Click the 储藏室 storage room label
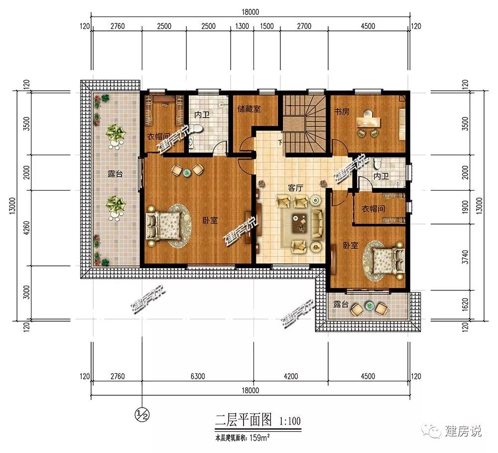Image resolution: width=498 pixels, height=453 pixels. tap(249, 109)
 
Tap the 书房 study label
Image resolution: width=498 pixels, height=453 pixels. tap(342, 112)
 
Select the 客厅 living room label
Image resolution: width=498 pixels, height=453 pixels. tap(295, 188)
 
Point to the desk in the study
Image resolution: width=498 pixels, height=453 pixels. tap(369, 121)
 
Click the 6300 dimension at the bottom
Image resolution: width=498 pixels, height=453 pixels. tap(198, 376)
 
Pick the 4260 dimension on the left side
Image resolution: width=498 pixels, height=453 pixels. tap(27, 227)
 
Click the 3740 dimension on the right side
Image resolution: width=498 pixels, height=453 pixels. tap(465, 257)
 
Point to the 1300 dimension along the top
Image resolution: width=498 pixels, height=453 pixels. tap(242, 26)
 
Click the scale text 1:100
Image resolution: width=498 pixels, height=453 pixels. tap(290, 421)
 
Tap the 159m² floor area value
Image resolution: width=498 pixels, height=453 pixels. tap(260, 438)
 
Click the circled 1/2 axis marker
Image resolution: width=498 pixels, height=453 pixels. tap(142, 414)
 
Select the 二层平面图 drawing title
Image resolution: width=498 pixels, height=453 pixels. tap(244, 420)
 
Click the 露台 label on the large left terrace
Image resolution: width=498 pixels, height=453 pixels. tap(115, 174)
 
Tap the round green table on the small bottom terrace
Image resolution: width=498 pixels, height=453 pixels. tap(370, 306)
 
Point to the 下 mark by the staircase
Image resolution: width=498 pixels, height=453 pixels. tap(280, 142)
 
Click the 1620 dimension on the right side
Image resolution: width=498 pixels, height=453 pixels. tap(465, 305)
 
